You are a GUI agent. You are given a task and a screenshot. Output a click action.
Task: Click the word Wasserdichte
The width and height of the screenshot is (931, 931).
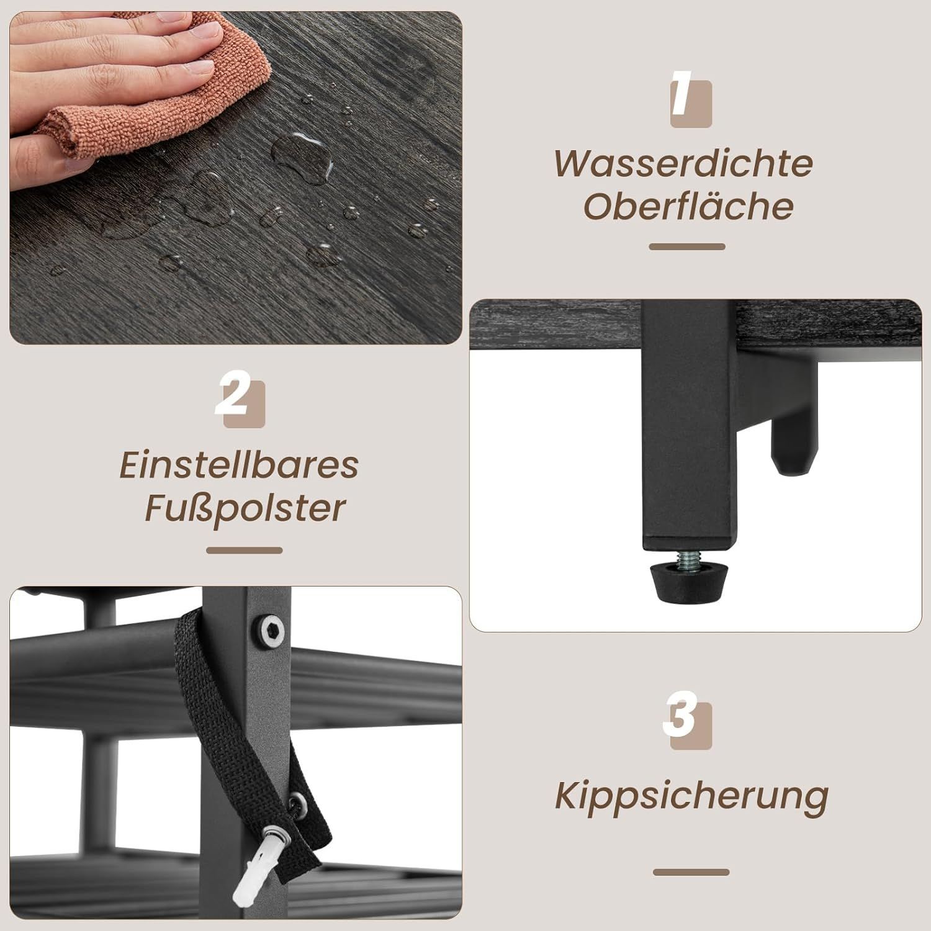pos(683,163)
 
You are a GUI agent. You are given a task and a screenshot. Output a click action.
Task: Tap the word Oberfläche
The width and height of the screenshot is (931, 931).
pos(688,205)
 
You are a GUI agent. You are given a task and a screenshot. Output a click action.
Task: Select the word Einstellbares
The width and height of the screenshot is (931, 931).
pos(239,465)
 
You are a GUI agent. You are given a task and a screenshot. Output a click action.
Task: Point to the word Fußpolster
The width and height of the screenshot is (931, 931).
pos(245,509)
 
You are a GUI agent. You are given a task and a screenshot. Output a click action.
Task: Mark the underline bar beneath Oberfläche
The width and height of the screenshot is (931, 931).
pos(687,246)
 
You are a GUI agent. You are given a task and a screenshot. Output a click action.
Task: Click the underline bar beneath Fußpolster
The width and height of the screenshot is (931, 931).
pos(245,550)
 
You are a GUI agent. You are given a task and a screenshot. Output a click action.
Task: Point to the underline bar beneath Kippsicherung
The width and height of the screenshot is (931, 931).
pos(691,872)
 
